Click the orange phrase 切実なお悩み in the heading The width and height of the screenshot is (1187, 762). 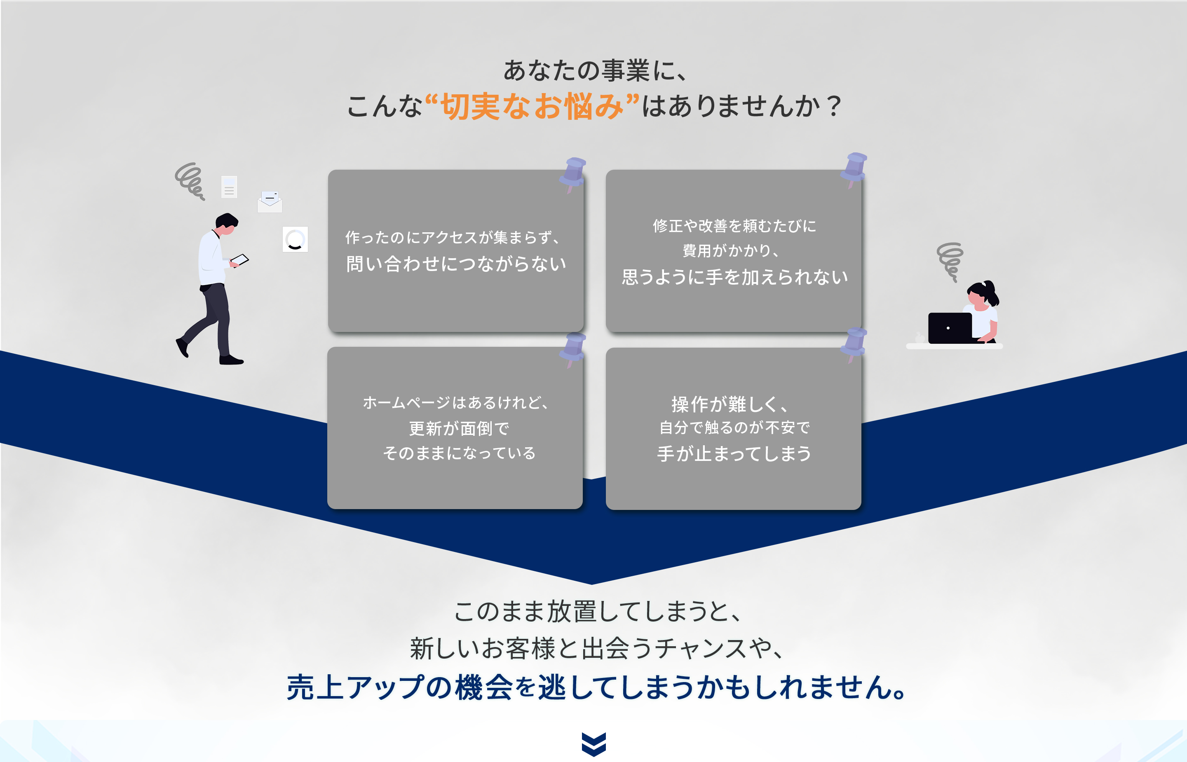[x=532, y=106]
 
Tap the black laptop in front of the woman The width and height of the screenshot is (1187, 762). [x=950, y=327]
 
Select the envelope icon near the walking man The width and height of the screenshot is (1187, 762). [x=270, y=201]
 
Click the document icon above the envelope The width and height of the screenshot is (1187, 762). [x=229, y=187]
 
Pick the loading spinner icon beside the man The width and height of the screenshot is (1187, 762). [x=295, y=239]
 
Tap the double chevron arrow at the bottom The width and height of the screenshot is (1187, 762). [x=593, y=744]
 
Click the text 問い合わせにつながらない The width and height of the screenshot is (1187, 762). [x=456, y=264]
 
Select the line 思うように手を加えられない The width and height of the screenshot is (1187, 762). [x=734, y=277]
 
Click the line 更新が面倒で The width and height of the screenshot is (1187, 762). [x=459, y=428]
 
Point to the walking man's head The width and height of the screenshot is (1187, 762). [x=227, y=224]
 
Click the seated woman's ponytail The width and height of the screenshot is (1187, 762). [x=992, y=293]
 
